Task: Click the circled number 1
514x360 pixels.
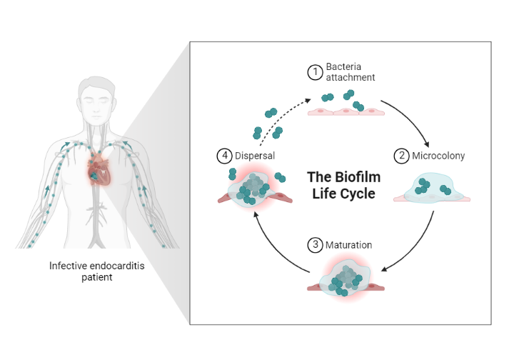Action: coord(315,71)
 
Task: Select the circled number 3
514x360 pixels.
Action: coord(315,245)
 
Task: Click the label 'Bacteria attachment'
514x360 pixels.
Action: coord(350,71)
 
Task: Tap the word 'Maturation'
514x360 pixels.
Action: coord(349,245)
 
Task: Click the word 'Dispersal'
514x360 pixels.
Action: coord(255,155)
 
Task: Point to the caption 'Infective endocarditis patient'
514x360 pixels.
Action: coord(93,271)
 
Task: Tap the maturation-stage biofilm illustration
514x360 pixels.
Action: coord(345,279)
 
